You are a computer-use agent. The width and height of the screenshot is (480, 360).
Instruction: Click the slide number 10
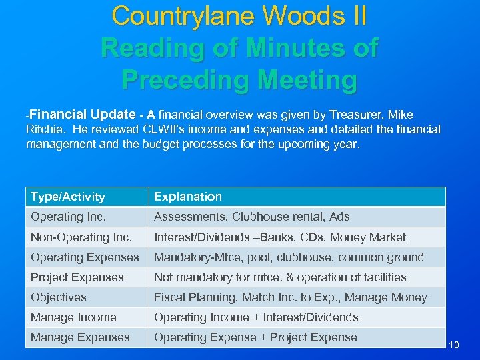[455, 345]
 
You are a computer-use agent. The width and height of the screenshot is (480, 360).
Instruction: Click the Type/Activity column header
[68, 197]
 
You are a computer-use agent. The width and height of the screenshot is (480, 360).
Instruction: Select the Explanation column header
[188, 197]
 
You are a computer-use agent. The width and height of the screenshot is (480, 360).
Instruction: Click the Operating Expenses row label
[85, 257]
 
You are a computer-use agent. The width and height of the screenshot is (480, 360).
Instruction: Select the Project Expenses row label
[77, 277]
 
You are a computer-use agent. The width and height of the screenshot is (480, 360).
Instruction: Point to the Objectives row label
[59, 297]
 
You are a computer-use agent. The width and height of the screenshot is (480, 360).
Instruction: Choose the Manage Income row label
[73, 317]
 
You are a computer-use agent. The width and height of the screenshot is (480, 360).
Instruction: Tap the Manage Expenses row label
[80, 337]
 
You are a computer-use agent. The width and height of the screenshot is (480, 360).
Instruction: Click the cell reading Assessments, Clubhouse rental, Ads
[252, 217]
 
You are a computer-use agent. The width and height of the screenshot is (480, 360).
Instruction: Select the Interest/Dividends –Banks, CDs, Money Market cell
[280, 237]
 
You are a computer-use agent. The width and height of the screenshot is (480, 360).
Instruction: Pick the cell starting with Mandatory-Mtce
[289, 257]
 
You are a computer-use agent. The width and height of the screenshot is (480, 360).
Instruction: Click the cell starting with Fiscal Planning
[291, 297]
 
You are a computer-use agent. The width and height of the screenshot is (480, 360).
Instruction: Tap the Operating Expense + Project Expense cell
[255, 337]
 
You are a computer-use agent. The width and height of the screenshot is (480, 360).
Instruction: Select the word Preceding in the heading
[192, 80]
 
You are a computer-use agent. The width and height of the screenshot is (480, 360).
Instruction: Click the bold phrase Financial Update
[83, 113]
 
